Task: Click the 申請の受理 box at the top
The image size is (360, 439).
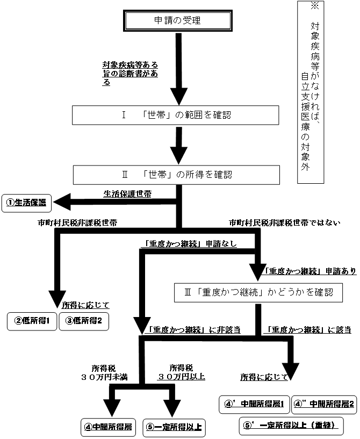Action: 177,22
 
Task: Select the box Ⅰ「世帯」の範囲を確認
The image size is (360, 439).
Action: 176,115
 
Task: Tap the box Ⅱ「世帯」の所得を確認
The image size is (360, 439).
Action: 176,174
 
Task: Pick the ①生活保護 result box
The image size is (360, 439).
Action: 26,203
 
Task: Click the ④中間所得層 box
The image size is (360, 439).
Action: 107,427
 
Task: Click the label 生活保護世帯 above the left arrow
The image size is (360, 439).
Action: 127,193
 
